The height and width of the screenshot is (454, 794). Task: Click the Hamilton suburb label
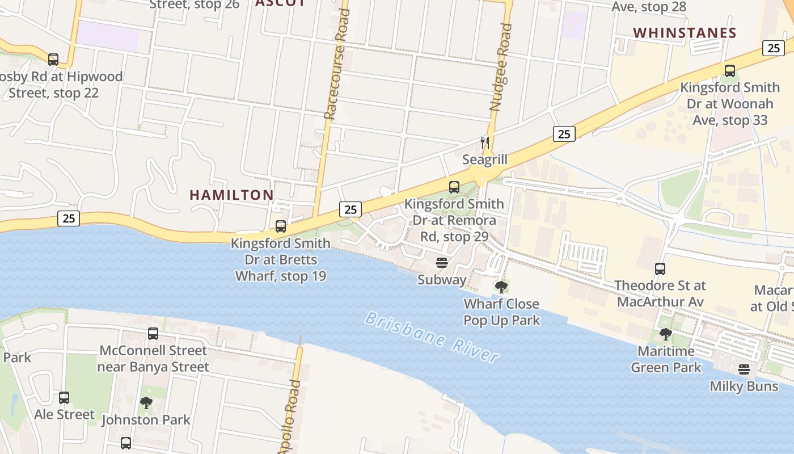pyautogui.click(x=231, y=195)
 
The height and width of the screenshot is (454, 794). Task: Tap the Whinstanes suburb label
pyautogui.click(x=685, y=33)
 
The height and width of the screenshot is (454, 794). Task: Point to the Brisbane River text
pyautogui.click(x=432, y=336)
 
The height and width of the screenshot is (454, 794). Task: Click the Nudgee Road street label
pyautogui.click(x=500, y=67)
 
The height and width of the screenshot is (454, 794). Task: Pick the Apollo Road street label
pyautogui.click(x=290, y=415)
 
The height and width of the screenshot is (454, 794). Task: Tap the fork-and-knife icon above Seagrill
pyautogui.click(x=484, y=142)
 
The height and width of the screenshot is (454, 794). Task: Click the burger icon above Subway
pyautogui.click(x=442, y=263)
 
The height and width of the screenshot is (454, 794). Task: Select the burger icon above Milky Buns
pyautogui.click(x=744, y=369)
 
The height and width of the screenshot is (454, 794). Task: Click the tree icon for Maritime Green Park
pyautogui.click(x=666, y=334)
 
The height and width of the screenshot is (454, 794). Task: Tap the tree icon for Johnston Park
pyautogui.click(x=146, y=403)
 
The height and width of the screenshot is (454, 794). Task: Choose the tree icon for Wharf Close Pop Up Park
pyautogui.click(x=501, y=287)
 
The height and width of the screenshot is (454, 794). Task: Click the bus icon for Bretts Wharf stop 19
pyautogui.click(x=280, y=226)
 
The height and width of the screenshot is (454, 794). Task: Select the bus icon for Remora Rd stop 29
pyautogui.click(x=454, y=187)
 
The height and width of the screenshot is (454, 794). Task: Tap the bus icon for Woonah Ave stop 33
pyautogui.click(x=729, y=71)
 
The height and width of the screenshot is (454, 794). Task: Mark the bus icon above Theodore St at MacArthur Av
pyautogui.click(x=660, y=268)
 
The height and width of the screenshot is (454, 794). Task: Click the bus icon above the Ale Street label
pyautogui.click(x=64, y=398)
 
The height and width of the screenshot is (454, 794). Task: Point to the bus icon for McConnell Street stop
pyautogui.click(x=153, y=334)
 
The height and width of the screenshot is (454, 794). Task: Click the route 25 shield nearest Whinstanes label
pyautogui.click(x=774, y=48)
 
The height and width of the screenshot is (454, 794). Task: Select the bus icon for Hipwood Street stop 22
pyautogui.click(x=53, y=59)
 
